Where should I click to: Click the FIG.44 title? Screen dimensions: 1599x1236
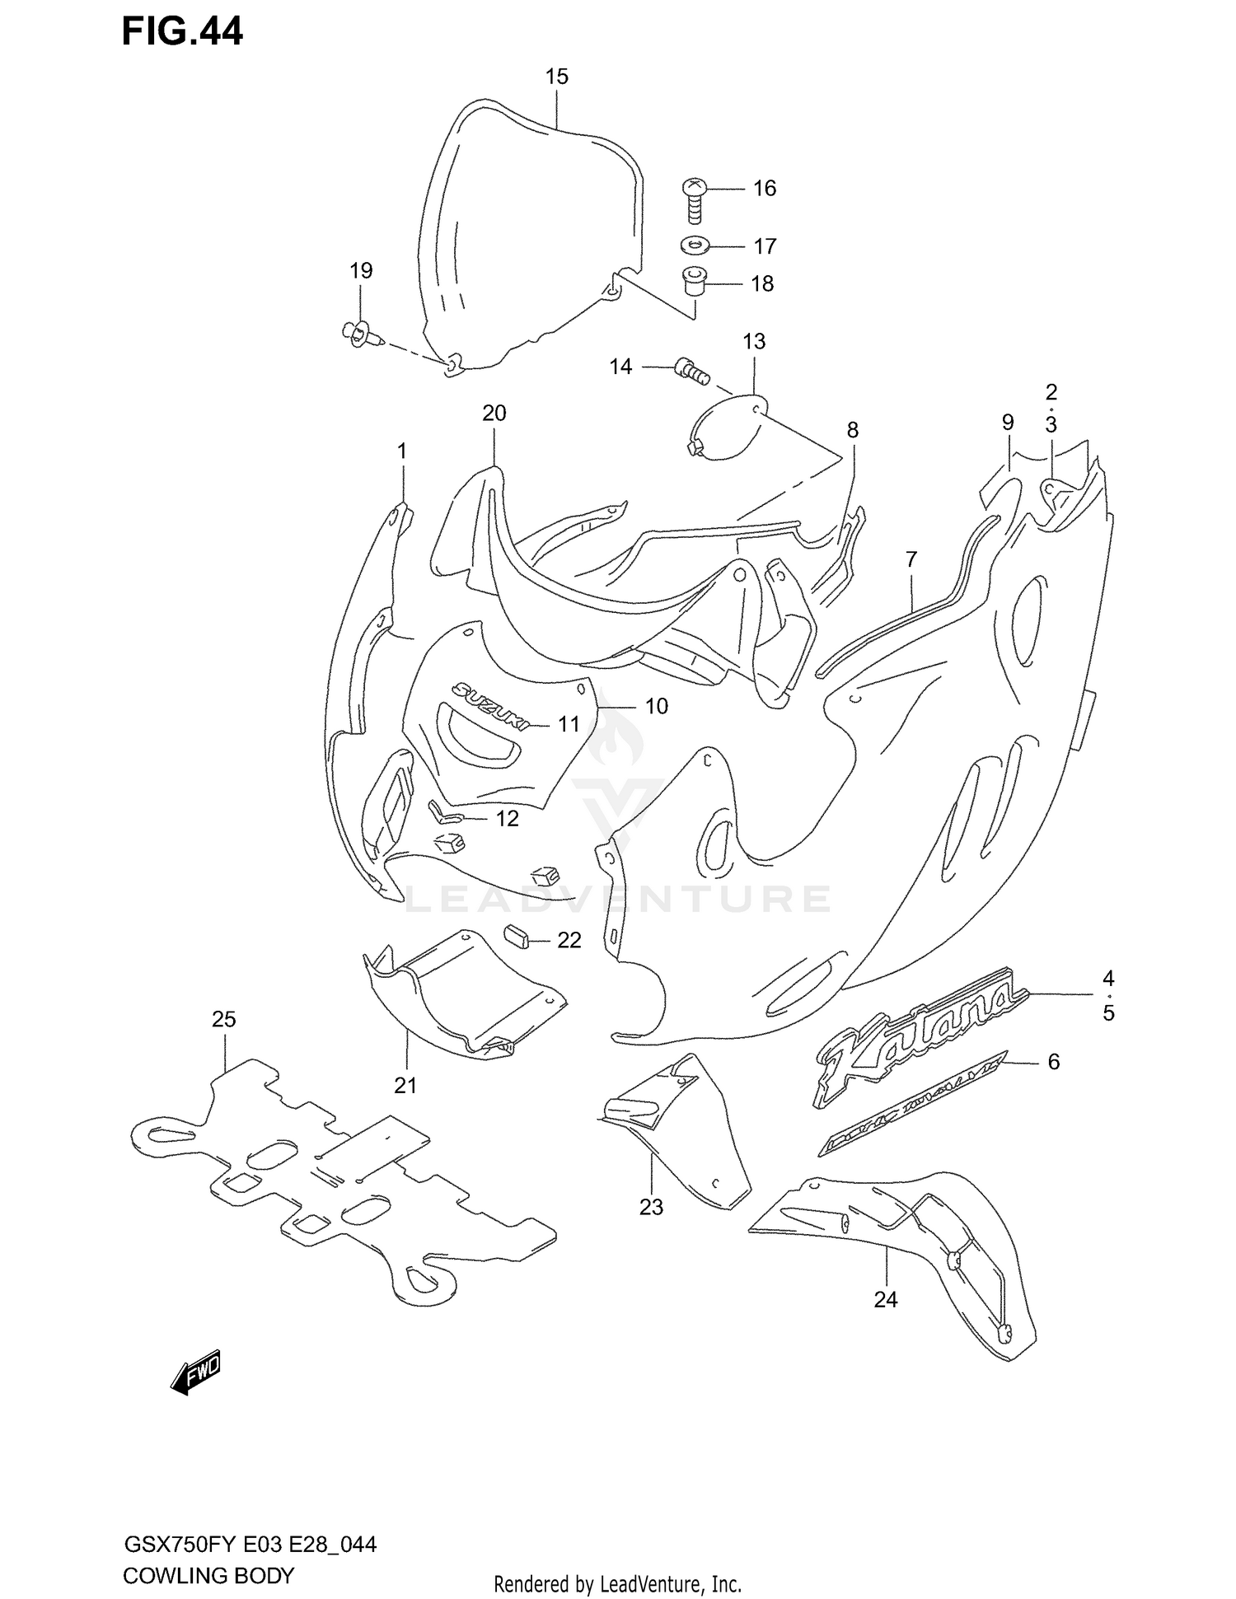(x=182, y=31)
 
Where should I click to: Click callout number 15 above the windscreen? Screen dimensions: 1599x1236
(x=557, y=77)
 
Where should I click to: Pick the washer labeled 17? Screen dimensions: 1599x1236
(x=697, y=245)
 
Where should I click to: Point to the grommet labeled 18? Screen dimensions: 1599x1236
(x=695, y=283)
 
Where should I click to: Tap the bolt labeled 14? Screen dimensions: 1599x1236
(x=691, y=371)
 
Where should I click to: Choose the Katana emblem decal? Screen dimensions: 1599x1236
(x=920, y=1035)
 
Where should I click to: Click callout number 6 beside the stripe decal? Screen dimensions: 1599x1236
(x=1053, y=1063)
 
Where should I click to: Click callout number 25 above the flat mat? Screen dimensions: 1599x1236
(x=224, y=1019)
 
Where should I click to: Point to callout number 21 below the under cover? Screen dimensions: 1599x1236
(x=405, y=1086)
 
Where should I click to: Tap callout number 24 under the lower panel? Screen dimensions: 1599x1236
(x=886, y=1299)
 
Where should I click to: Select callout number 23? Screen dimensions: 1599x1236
(x=651, y=1207)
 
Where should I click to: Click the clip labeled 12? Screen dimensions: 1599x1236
(x=445, y=813)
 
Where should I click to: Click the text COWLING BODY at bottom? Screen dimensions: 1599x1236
(x=208, y=1576)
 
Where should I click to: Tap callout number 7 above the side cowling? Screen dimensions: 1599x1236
(x=911, y=559)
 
